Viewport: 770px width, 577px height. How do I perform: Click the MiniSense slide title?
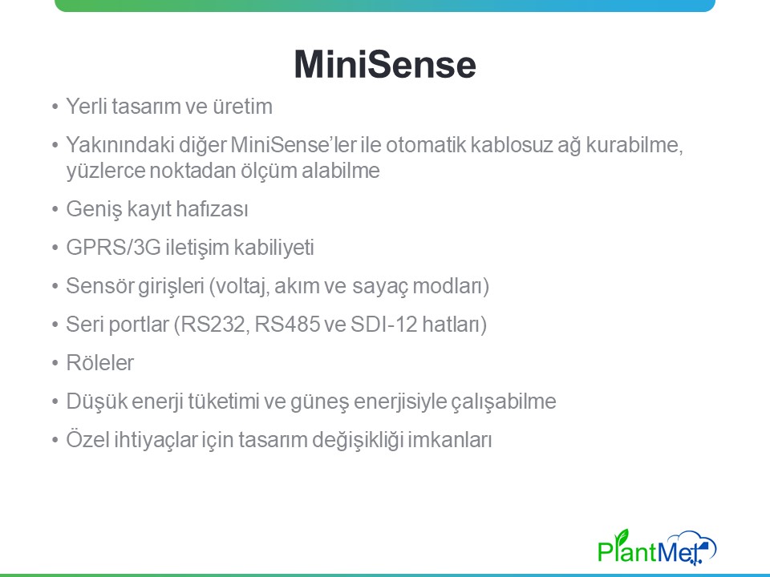[385, 64]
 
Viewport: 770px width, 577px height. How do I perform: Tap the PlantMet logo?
[657, 547]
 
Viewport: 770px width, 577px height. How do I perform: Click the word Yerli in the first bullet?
[87, 107]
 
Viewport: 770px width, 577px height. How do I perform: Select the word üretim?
[242, 107]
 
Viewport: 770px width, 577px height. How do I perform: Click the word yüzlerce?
[105, 171]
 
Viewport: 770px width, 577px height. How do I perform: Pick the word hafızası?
[212, 208]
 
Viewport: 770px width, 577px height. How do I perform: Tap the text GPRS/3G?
[113, 247]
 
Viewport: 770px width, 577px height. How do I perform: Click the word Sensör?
[99, 285]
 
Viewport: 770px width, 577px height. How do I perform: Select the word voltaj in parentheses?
[240, 286]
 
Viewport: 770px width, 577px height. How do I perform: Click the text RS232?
[212, 325]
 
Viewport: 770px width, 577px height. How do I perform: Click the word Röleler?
[99, 362]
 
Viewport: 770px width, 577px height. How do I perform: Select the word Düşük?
[96, 401]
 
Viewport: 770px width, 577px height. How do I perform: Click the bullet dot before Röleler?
[55, 364]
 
